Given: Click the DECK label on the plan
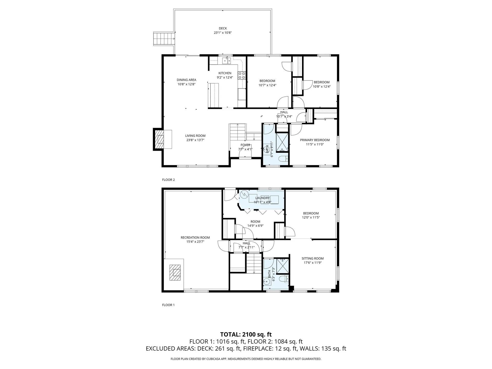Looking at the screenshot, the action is click(223, 28).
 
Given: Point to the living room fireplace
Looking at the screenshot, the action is click(162, 139).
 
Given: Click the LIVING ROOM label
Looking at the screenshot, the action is click(195, 136).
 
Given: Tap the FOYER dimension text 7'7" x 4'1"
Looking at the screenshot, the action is click(245, 149).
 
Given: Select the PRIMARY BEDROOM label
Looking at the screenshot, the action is click(315, 140).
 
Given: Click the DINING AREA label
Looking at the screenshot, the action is click(186, 80).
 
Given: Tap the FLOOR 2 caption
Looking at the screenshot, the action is click(168, 180).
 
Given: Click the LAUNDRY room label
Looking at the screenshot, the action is click(262, 198).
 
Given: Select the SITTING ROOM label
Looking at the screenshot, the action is click(313, 259).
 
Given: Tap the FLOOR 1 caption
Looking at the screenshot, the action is click(168, 305).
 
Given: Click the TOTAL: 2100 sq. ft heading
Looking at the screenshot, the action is click(246, 334).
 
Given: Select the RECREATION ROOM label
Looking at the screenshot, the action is click(195, 238).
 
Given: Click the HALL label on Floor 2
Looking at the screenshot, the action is click(284, 112).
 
